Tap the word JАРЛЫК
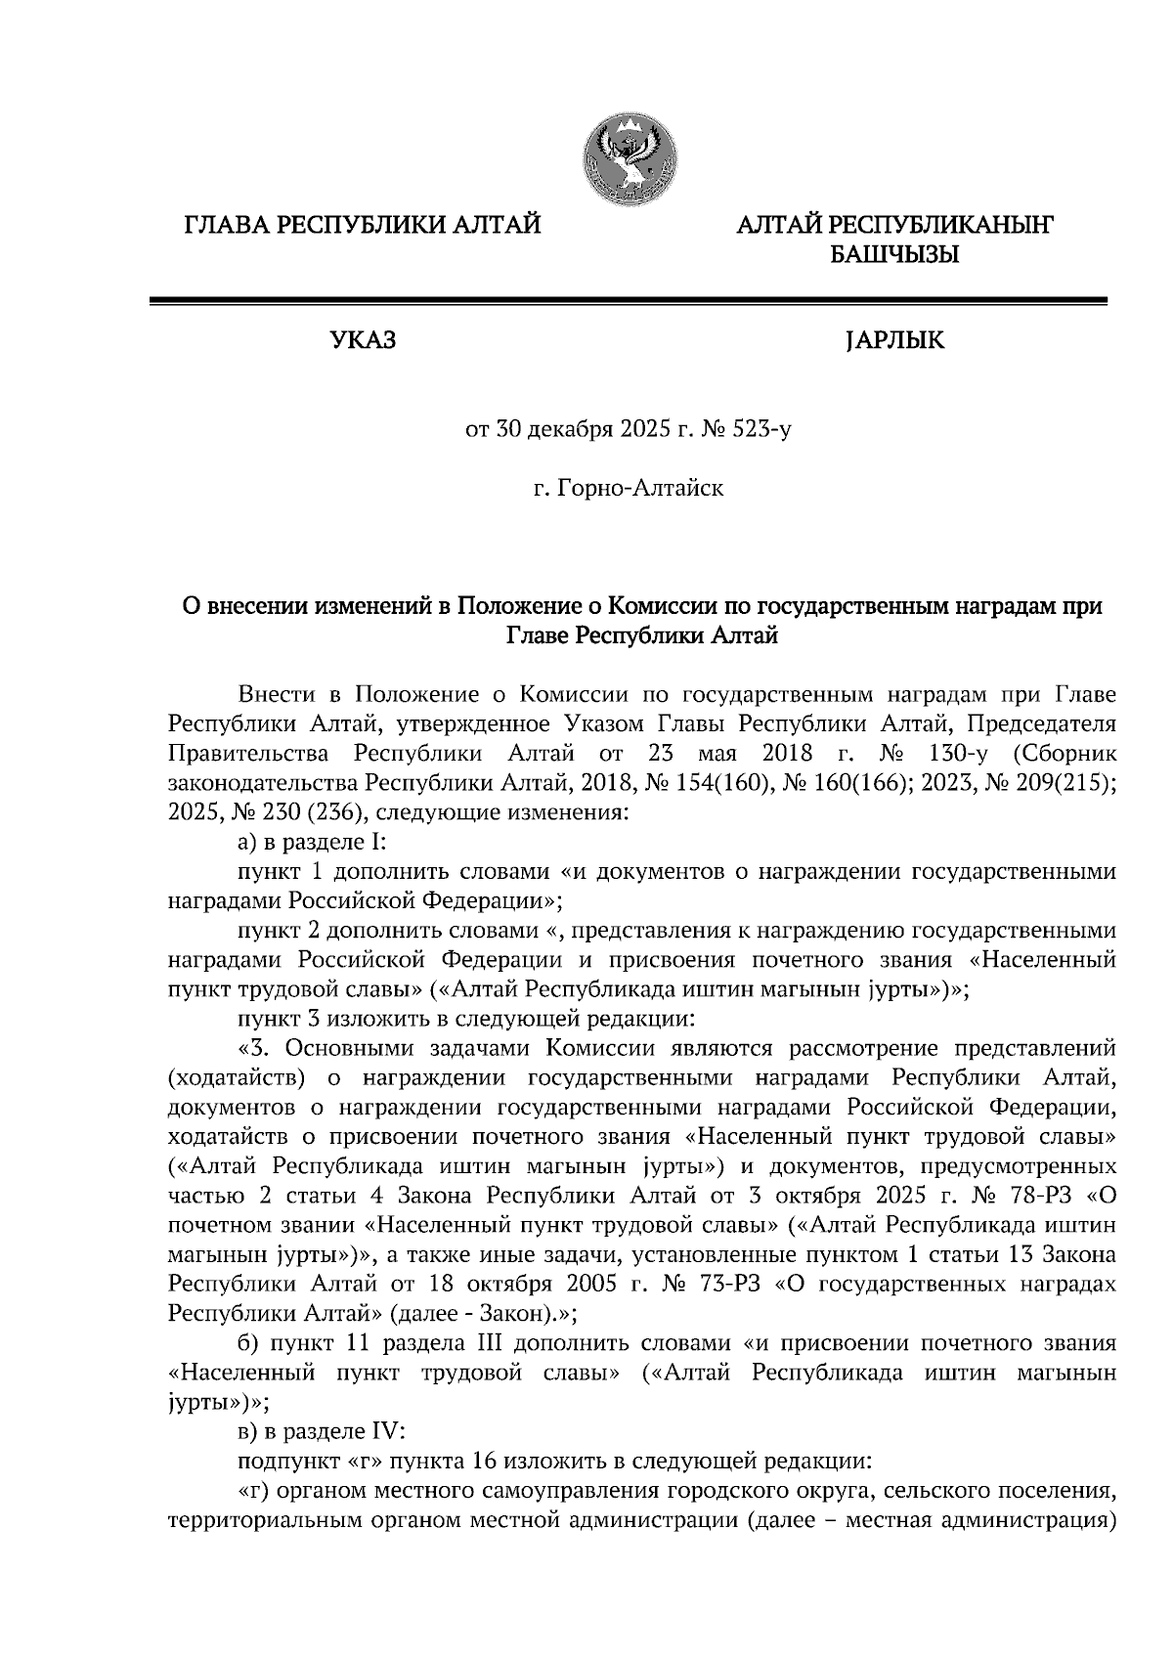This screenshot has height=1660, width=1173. (892, 342)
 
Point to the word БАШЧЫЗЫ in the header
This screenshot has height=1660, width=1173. (892, 257)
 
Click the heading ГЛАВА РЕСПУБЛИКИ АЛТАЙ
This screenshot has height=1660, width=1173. (363, 227)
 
